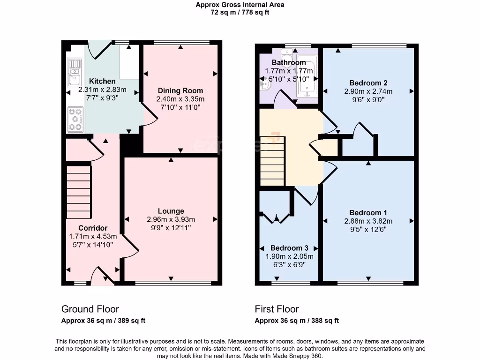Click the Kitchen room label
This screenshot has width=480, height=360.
point(102,81)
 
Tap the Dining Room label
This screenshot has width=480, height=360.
point(180,90)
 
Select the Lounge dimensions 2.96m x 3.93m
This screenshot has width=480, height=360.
point(171,219)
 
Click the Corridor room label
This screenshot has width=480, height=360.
point(93,228)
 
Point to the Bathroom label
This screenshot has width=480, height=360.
point(289,62)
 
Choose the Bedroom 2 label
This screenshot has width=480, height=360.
point(368,83)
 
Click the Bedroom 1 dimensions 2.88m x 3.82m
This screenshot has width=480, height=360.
point(368,221)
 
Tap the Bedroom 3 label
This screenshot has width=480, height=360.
point(289,248)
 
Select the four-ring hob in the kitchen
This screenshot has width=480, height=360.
point(75,120)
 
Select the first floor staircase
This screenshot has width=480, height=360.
point(272,161)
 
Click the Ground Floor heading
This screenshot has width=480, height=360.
point(90,309)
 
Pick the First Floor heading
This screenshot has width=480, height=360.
point(277,309)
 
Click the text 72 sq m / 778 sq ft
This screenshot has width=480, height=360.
point(240,13)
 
